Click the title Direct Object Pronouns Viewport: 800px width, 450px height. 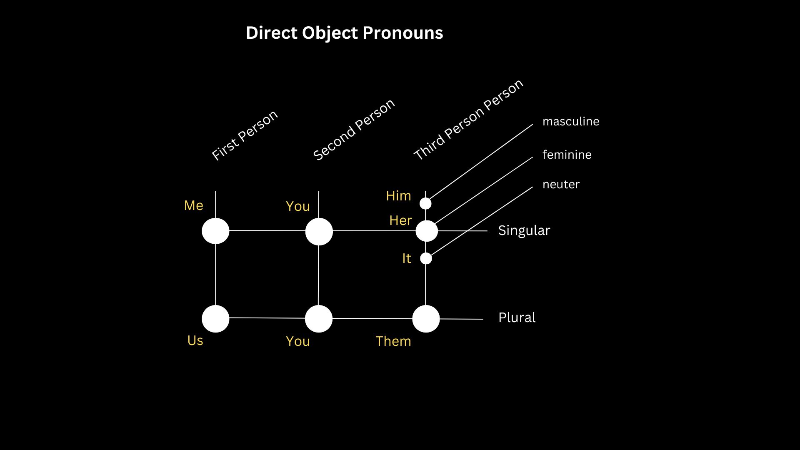[x=344, y=33]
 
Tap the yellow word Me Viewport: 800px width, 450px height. [x=194, y=205]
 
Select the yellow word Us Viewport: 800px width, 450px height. [x=195, y=340]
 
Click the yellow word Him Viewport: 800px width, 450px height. [x=398, y=196]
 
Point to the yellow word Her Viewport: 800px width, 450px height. [x=400, y=220]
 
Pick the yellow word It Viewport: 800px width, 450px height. [x=407, y=258]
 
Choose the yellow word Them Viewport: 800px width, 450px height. [x=393, y=341]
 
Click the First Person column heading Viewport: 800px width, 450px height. [x=245, y=135]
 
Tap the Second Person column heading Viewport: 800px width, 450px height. [x=354, y=130]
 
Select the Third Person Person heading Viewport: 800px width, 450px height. [x=468, y=120]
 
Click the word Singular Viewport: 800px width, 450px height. [x=524, y=230]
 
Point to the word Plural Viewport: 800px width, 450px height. [x=517, y=317]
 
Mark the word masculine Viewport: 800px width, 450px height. [x=571, y=121]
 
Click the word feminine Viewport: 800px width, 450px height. [x=567, y=155]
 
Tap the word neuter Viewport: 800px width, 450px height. [x=561, y=184]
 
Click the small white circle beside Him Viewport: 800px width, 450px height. [x=425, y=203]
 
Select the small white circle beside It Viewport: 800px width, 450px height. [x=426, y=258]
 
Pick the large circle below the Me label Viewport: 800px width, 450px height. [x=215, y=231]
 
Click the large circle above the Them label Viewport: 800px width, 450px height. [x=426, y=319]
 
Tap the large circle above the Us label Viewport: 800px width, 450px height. [x=215, y=319]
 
